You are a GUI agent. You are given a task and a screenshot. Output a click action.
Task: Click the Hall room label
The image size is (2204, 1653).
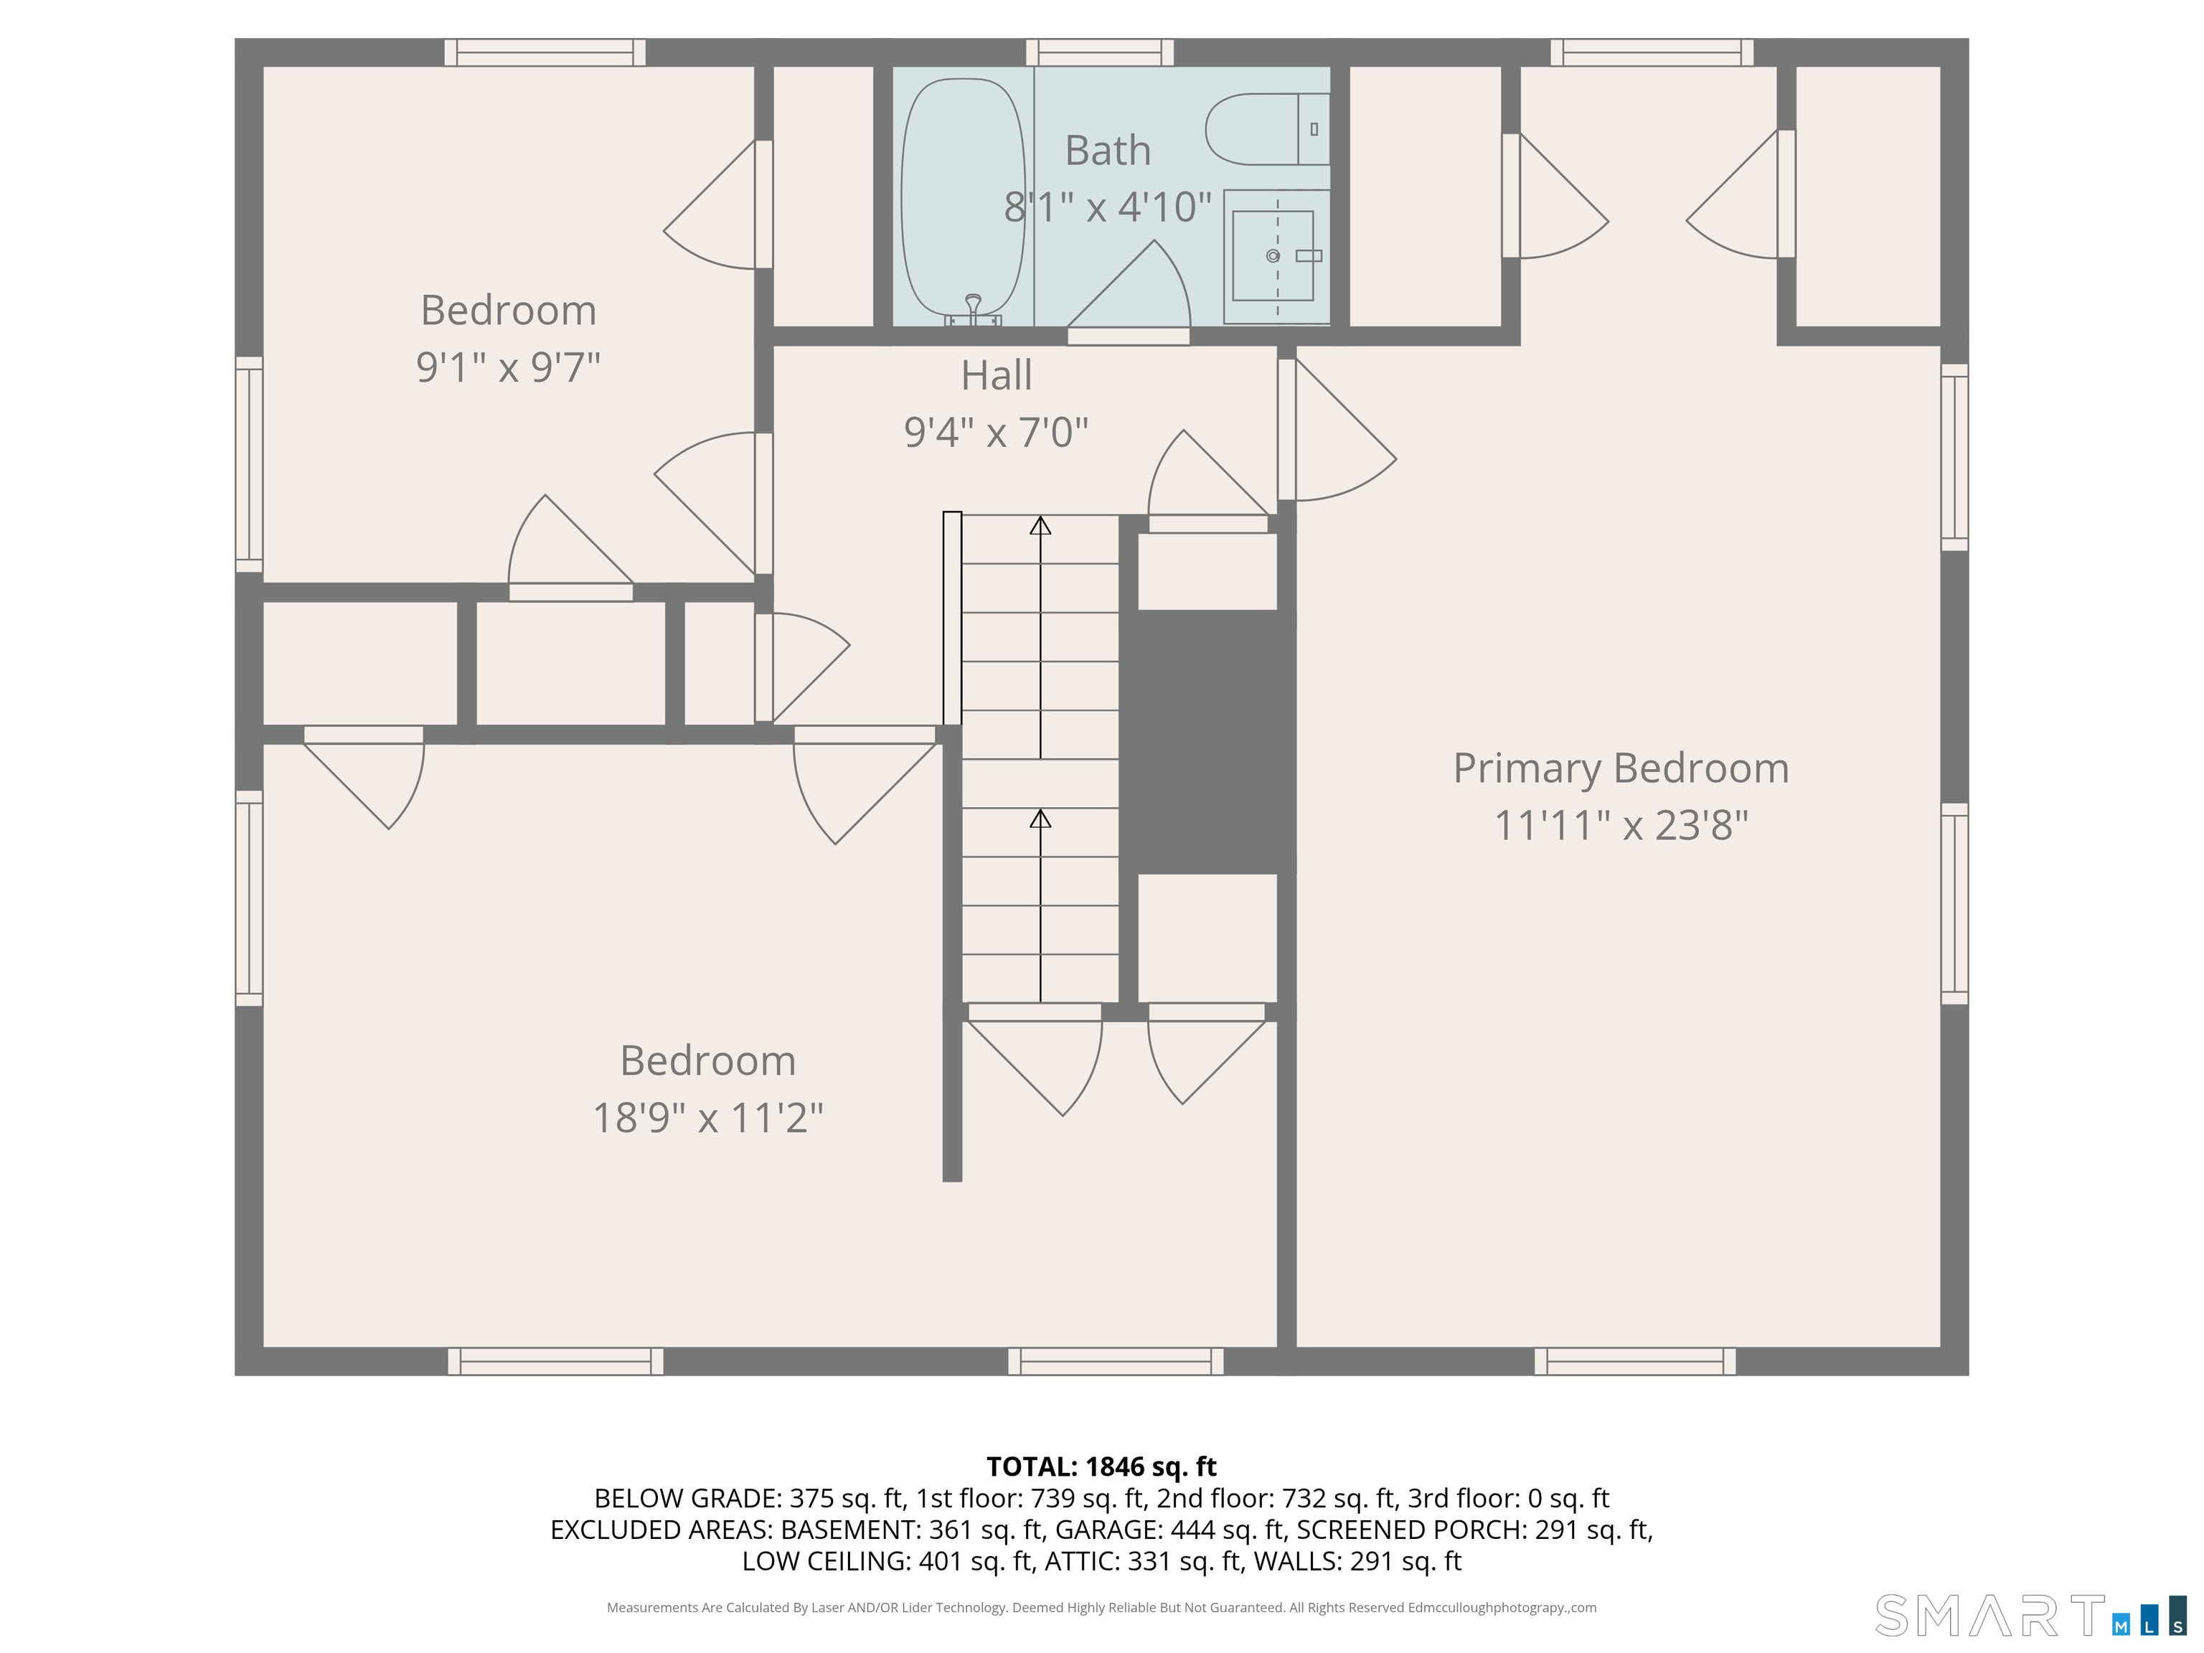997,376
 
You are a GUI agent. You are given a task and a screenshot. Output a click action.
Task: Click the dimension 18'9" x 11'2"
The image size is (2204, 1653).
707,1118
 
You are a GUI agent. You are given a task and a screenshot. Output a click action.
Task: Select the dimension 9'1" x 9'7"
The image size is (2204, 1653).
508,367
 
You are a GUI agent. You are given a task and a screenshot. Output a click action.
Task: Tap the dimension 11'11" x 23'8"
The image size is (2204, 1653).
1621,825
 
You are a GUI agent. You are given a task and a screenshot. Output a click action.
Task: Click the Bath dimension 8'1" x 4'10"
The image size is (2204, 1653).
1108,207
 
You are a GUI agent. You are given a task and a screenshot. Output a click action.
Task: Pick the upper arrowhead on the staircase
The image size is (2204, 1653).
1040,525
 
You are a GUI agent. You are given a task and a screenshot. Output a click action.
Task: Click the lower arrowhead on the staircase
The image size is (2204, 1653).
1040,818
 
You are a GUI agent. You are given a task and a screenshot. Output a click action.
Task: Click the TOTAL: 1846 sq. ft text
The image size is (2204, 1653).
1101,1466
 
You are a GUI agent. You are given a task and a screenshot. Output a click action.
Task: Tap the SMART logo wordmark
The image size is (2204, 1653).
1989,1615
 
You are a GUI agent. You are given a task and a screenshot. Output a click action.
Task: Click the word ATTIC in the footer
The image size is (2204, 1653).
1080,1561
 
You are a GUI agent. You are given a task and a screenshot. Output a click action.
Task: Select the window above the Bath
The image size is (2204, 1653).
1100,52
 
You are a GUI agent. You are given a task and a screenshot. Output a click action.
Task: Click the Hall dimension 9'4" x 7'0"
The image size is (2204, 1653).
997,433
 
